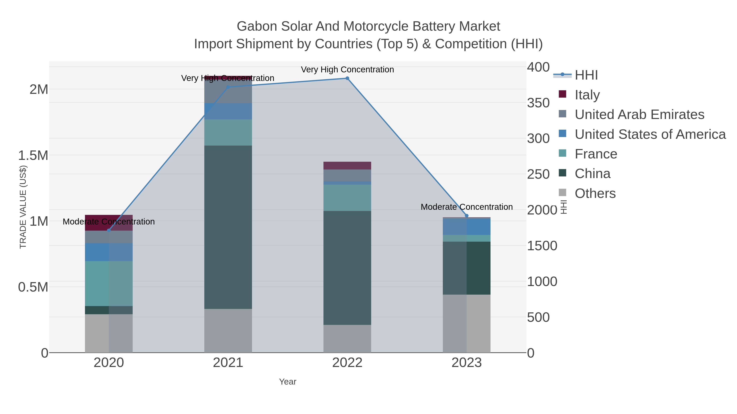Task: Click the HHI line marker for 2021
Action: (x=228, y=87)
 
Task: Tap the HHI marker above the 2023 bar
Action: (x=467, y=216)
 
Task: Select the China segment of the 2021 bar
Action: (x=228, y=227)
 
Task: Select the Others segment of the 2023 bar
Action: (x=467, y=323)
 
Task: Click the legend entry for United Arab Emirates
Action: (x=639, y=114)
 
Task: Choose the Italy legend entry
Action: (x=587, y=95)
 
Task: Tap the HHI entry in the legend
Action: (x=586, y=75)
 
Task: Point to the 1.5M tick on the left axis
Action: (x=33, y=156)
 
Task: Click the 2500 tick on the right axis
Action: (x=538, y=174)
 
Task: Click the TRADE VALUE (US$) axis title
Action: (x=23, y=207)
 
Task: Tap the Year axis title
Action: (x=288, y=382)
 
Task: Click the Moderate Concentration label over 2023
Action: (x=466, y=207)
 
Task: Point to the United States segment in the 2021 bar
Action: (x=228, y=111)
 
